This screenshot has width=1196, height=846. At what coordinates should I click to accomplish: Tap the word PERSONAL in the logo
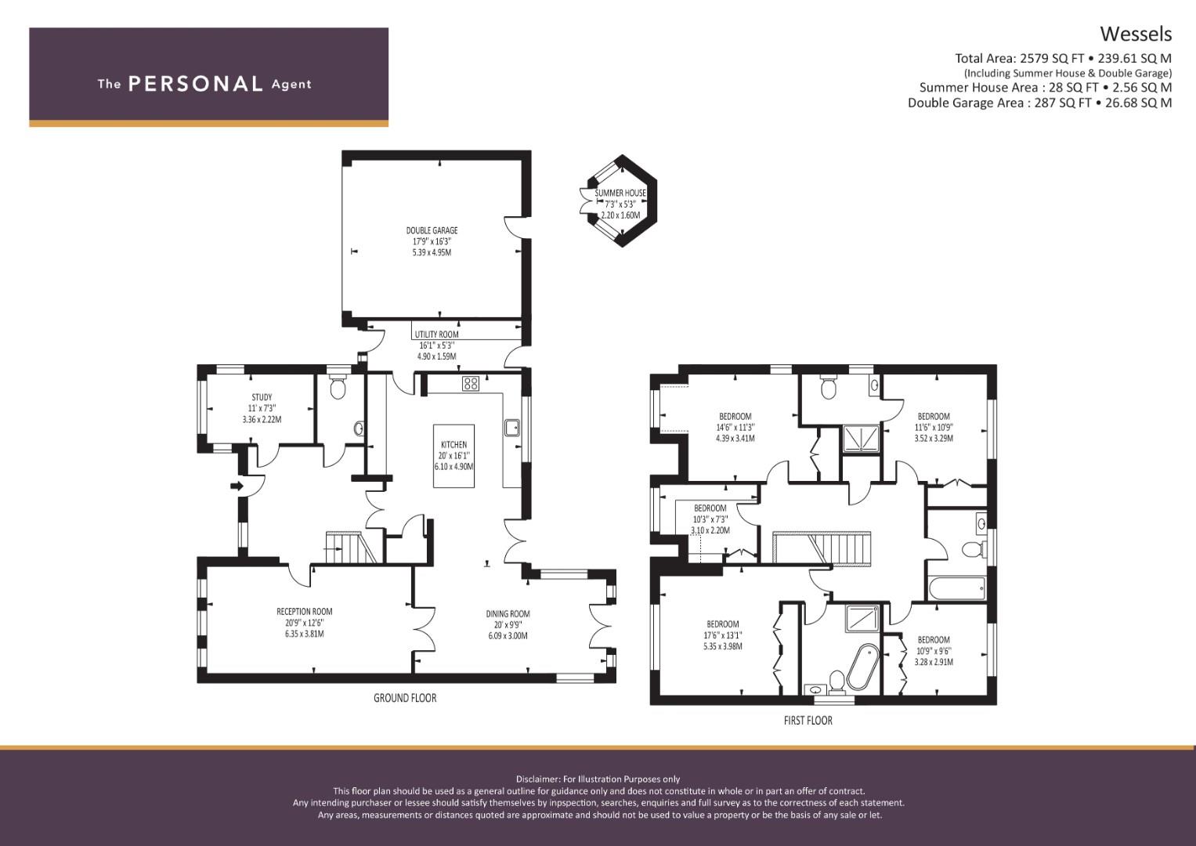[196, 84]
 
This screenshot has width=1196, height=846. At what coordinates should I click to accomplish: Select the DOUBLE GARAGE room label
[432, 230]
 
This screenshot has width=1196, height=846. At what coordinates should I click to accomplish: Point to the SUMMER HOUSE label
[620, 193]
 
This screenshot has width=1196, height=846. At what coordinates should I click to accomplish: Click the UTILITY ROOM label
[437, 334]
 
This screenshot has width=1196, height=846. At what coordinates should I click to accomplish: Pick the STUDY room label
[262, 397]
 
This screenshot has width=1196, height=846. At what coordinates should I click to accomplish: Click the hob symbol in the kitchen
[471, 383]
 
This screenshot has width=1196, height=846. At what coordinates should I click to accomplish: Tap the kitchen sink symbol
[512, 427]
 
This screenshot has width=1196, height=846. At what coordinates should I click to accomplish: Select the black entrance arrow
[237, 486]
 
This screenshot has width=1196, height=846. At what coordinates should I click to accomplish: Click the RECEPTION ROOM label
[305, 612]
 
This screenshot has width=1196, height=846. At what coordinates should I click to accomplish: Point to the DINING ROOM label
[508, 613]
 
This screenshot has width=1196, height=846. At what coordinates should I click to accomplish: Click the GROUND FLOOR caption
[405, 698]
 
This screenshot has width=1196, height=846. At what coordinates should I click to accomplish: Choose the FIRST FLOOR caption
[808, 721]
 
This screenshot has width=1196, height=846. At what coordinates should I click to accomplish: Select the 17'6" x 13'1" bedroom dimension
[722, 635]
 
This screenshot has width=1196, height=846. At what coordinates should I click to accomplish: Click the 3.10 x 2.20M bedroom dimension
[710, 530]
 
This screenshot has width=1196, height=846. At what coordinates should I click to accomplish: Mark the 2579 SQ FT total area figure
[1045, 58]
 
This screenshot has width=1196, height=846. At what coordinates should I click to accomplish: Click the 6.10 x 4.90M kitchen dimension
[453, 466]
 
